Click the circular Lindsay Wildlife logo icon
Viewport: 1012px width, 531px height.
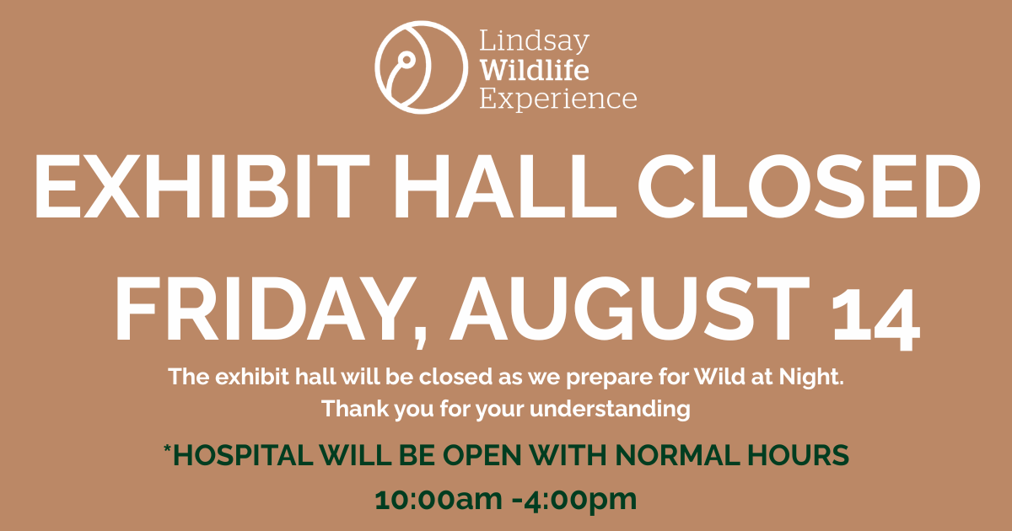point(421,67)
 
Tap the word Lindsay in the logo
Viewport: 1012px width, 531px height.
point(534,42)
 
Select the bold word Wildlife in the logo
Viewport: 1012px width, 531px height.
point(535,70)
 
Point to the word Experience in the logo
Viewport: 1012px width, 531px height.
point(558,99)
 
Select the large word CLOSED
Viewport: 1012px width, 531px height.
point(809,186)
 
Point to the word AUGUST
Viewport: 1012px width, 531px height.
point(629,308)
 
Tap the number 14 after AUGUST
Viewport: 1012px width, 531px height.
point(875,319)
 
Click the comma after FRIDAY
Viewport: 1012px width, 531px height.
point(421,336)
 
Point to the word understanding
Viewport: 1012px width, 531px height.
point(610,409)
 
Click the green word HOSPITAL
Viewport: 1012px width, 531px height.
point(243,454)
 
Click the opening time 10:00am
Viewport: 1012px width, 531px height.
point(439,500)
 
